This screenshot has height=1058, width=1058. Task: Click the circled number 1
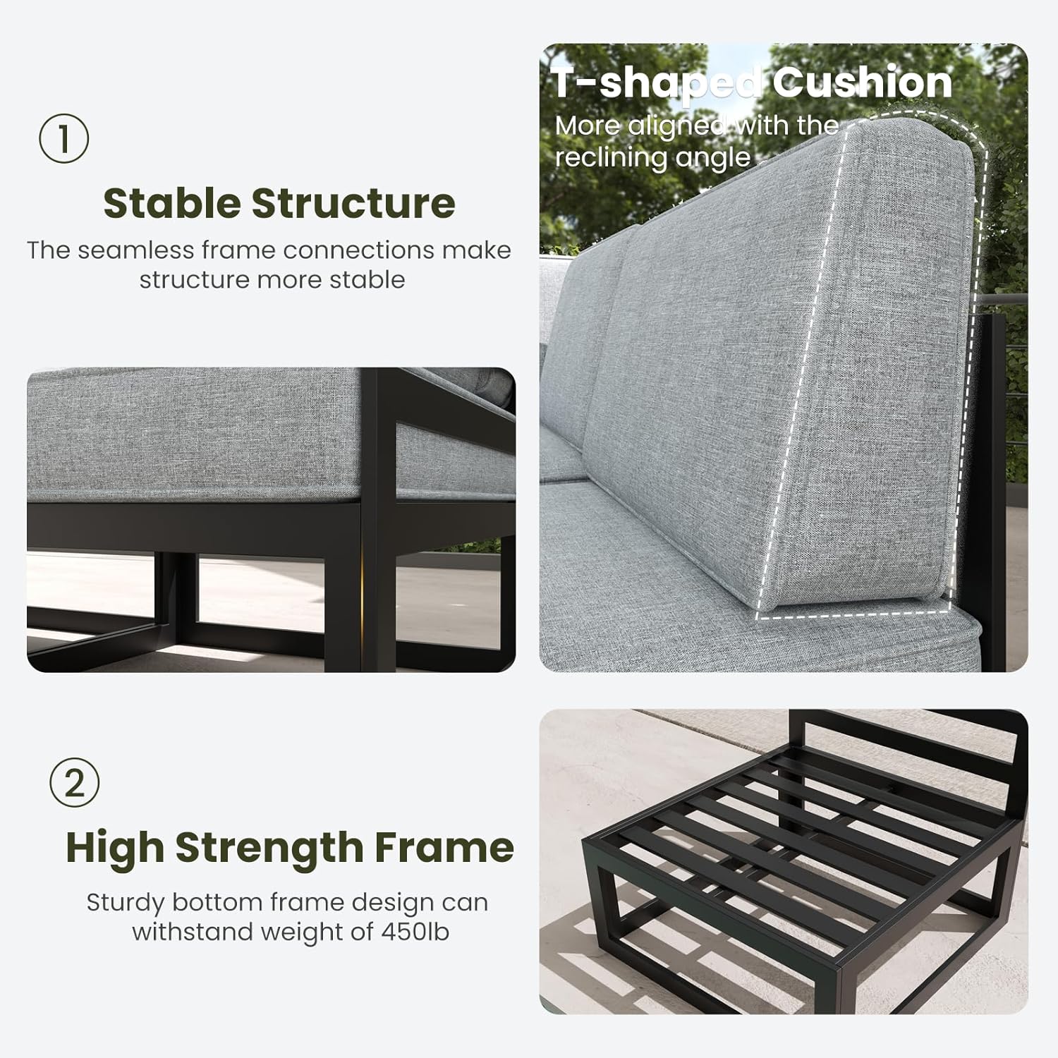coord(63,139)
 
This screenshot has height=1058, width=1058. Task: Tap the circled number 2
coord(75,783)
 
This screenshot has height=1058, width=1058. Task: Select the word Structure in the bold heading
coord(353,203)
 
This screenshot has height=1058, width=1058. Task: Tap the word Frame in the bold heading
coord(444,848)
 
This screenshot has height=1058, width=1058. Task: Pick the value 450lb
coord(415,932)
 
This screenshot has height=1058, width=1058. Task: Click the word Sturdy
coord(126,904)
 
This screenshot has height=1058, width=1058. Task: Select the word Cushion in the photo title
coord(862,83)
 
